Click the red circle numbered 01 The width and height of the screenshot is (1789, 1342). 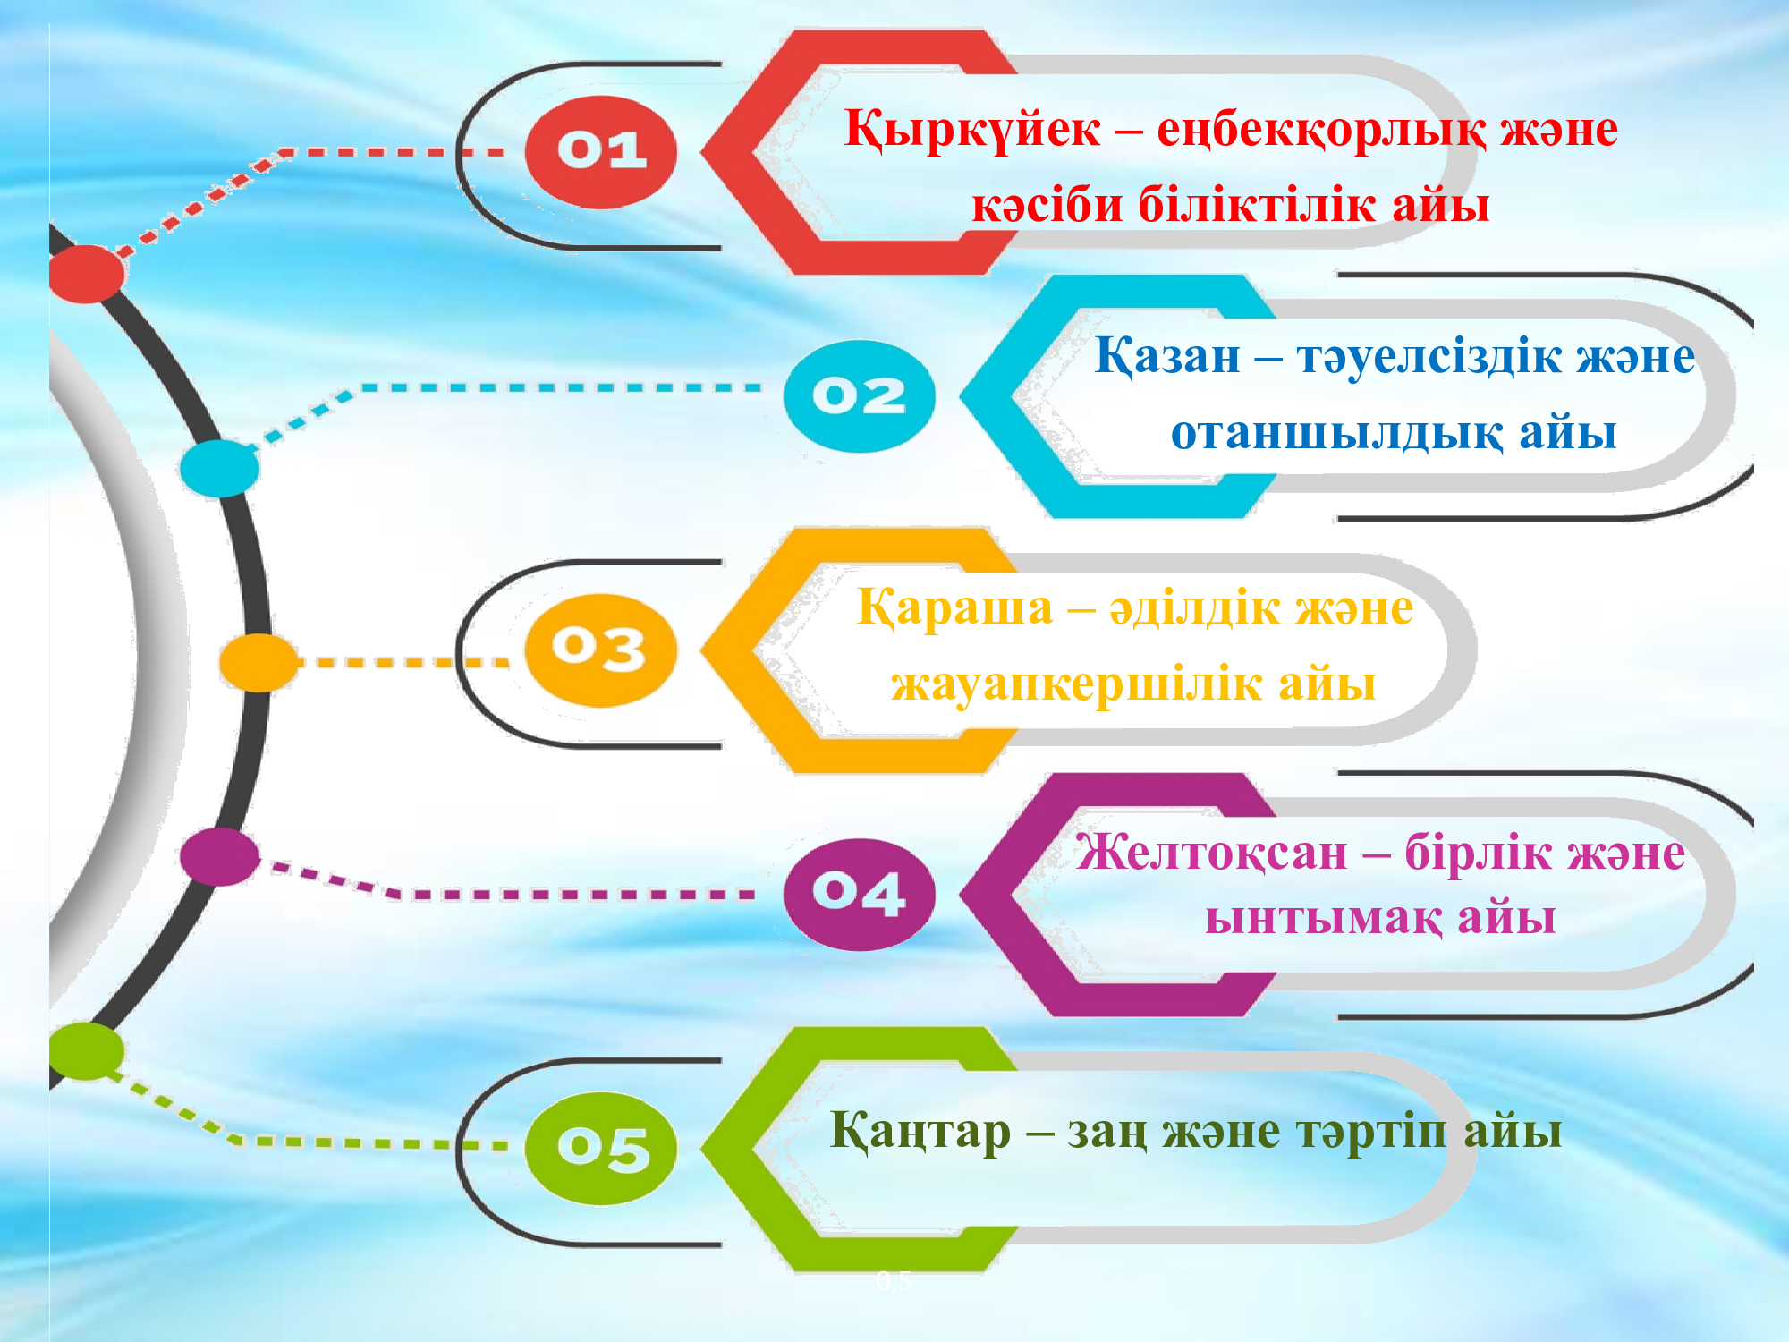(x=600, y=152)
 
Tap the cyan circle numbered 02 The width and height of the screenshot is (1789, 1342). (x=860, y=396)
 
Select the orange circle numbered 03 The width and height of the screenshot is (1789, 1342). (x=600, y=650)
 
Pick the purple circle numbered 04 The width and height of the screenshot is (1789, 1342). (x=860, y=894)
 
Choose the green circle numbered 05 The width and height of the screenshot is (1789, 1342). (x=600, y=1149)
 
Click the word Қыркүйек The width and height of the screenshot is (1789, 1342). (x=972, y=131)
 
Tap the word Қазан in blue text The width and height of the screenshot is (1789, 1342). (x=1167, y=357)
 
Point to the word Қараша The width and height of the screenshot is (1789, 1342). (x=954, y=609)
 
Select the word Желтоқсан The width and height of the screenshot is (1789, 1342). (x=1211, y=852)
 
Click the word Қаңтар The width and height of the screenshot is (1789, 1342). (x=920, y=1132)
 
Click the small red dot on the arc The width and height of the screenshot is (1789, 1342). (x=86, y=274)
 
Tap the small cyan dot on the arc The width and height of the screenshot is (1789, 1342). (x=219, y=468)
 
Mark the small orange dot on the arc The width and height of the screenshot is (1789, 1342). (x=259, y=663)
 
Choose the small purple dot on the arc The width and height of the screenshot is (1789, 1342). (x=220, y=856)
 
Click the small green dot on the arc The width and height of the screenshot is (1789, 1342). (x=86, y=1051)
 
